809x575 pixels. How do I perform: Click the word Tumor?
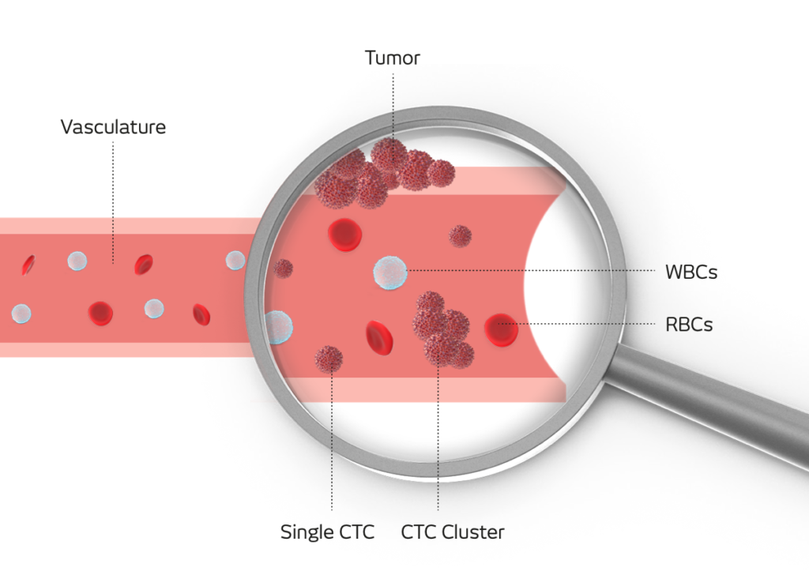(x=392, y=58)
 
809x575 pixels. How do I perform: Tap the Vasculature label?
(x=113, y=126)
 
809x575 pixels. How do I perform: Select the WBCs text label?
(x=691, y=272)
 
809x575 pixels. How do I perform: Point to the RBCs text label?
(x=689, y=324)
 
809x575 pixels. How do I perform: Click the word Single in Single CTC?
(x=305, y=532)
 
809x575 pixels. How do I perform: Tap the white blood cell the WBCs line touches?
(x=390, y=272)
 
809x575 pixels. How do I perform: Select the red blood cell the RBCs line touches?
(x=501, y=329)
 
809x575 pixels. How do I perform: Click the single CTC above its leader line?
(x=329, y=359)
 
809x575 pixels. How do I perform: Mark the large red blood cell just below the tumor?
(x=344, y=234)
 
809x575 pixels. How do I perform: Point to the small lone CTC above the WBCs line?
(x=460, y=235)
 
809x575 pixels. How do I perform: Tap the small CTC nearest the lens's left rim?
(x=283, y=269)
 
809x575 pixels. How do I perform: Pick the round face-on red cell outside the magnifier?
(x=100, y=313)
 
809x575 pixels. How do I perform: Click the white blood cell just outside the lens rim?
(x=235, y=260)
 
